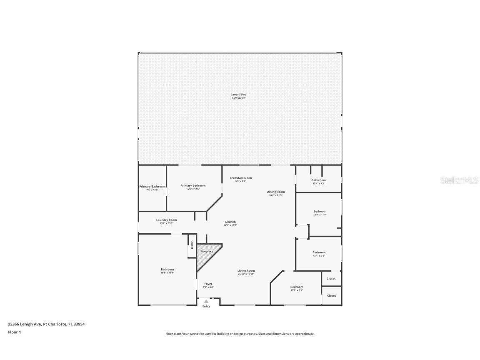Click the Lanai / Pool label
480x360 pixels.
tap(239, 95)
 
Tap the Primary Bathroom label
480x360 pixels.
tap(152, 187)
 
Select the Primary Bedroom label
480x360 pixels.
tap(193, 186)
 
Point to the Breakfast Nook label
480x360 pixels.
tap(241, 178)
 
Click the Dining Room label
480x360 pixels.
tap(276, 192)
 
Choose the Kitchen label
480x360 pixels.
tap(230, 222)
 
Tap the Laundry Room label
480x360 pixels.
tap(166, 220)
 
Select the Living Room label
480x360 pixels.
tap(246, 271)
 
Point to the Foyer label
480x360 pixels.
tap(208, 284)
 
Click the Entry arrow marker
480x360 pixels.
tap(206, 301)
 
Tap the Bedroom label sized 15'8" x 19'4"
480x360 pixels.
tap(167, 270)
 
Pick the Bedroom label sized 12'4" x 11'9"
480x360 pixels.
tap(320, 212)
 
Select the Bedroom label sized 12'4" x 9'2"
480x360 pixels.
tap(319, 252)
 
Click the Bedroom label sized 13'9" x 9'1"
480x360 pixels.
tap(297, 287)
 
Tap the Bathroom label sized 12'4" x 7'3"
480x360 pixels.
tap(319, 180)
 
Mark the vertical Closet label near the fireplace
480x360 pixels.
tap(192, 245)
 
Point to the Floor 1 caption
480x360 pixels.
tap(14, 332)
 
